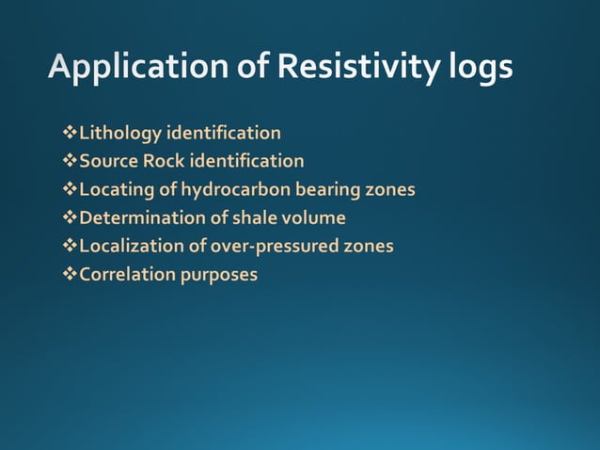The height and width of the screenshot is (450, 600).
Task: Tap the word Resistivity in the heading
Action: coord(355,69)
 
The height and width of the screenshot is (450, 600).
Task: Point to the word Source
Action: coord(108,161)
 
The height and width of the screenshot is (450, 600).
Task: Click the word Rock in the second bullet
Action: coord(164,161)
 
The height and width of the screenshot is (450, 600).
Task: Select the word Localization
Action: coord(129,247)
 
